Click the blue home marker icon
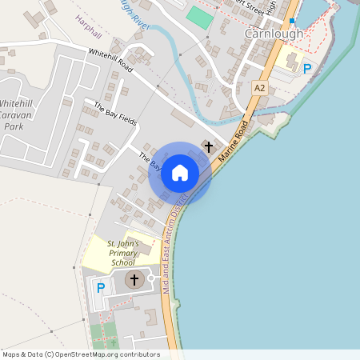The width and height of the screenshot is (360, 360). point(180,173)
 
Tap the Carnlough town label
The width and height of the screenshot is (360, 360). point(274,34)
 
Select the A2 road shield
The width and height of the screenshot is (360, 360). point(258,86)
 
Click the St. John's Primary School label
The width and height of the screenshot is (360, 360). point(123,253)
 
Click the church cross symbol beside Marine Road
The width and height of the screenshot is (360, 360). point(209,147)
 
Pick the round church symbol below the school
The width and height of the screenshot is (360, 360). point(134,280)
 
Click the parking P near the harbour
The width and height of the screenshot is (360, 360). point(306,69)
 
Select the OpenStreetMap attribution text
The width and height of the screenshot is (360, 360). point(81,354)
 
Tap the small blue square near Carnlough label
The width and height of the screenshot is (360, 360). point(292,21)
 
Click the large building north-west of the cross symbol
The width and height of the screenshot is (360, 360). point(182,121)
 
